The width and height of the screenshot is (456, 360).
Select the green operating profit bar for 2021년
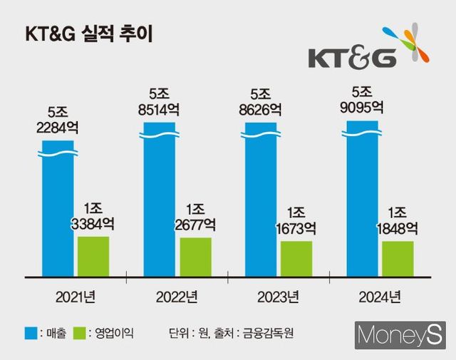tap(93, 256)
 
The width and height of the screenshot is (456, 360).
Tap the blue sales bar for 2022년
tap(159, 200)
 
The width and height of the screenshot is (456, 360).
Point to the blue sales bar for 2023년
tap(261, 200)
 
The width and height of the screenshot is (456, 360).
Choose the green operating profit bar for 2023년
tap(296, 259)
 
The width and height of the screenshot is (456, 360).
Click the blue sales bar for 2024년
tap(363, 199)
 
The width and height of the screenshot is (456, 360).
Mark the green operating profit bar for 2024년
tap(398, 259)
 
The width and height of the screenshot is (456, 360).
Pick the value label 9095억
tap(363, 108)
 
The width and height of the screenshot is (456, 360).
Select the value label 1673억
tap(296, 229)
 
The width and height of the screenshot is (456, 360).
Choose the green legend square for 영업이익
tap(79, 332)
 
